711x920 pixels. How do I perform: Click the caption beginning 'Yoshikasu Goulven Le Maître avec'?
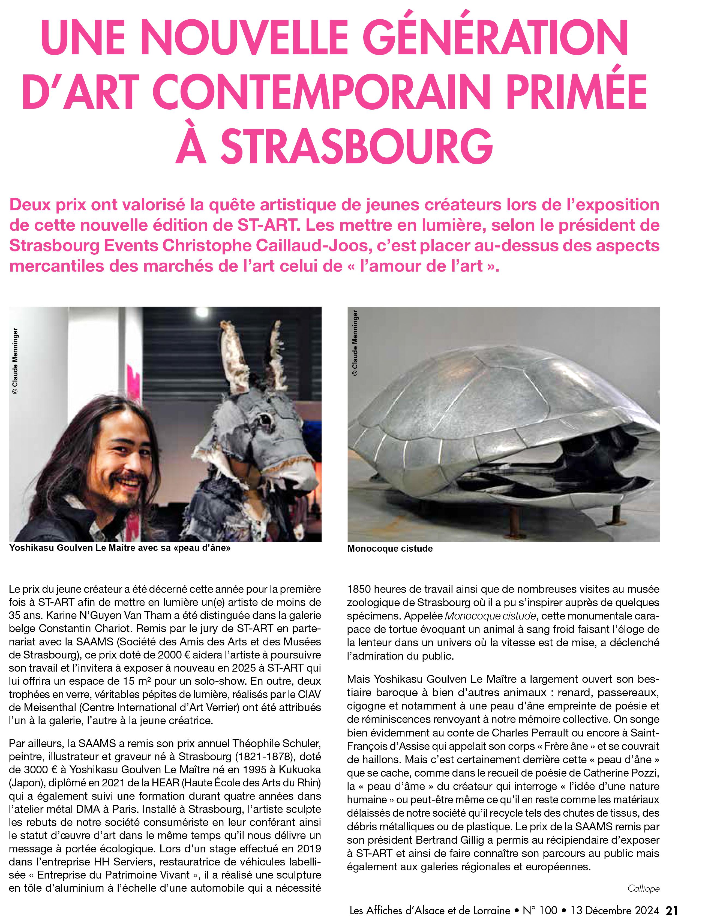point(120,548)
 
